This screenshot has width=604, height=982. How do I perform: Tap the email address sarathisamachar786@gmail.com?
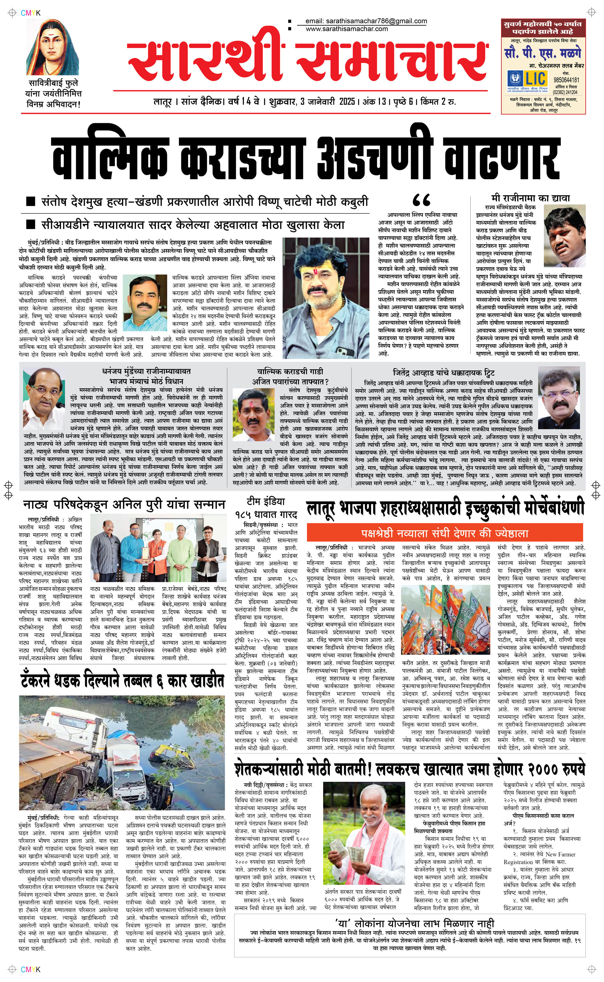(366, 21)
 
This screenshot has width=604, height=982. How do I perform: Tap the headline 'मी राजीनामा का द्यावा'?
(531, 198)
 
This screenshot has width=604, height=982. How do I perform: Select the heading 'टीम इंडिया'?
(266, 501)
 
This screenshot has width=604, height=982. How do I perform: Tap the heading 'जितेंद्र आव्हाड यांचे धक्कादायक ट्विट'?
(444, 373)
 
